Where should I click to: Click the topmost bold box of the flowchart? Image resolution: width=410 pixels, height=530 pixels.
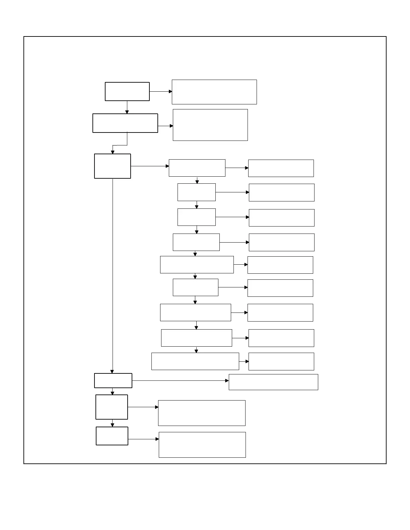[127, 91]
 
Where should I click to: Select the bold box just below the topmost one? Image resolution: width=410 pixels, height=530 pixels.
[125, 123]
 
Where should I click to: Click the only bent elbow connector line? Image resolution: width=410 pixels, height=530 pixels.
[120, 145]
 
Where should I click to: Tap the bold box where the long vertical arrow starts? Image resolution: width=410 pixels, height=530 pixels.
[112, 166]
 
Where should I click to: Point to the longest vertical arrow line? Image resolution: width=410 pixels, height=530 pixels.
[113, 274]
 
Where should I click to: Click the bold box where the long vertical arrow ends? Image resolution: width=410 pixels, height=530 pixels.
[113, 380]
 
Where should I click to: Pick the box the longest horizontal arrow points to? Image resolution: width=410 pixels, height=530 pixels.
[273, 382]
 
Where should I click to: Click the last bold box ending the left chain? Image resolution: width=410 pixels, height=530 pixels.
[112, 436]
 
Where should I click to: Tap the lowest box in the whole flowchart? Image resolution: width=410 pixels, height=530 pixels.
[202, 445]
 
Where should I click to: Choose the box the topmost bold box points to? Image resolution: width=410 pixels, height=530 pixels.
[214, 92]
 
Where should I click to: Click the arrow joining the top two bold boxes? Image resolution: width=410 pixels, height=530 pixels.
[127, 107]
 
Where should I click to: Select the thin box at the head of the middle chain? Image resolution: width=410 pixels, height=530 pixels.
[197, 168]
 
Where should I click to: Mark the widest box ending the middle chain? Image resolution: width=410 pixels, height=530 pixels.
[195, 361]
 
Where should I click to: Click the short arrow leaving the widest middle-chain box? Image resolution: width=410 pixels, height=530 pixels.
[244, 361]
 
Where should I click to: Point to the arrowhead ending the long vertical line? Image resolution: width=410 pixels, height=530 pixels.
[112, 371]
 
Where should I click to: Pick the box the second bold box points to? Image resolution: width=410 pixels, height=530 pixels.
[210, 125]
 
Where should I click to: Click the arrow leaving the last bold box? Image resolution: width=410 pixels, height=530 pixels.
[143, 439]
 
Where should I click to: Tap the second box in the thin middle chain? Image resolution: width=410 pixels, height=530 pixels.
[196, 192]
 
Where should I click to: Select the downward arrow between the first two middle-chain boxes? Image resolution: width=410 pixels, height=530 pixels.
[197, 180]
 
